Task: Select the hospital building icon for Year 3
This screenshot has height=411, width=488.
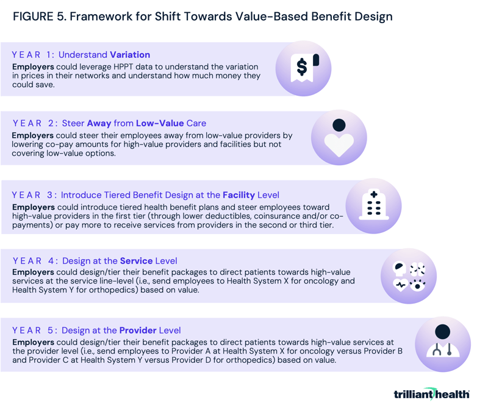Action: [x=373, y=205]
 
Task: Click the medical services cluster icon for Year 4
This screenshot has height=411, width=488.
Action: [x=408, y=275]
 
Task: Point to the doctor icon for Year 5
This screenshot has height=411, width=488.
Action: [x=442, y=344]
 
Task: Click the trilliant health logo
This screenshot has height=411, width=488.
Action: [x=432, y=394]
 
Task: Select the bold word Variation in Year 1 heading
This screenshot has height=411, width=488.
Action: [x=130, y=55]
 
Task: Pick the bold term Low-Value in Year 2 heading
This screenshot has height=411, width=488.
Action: [x=160, y=123]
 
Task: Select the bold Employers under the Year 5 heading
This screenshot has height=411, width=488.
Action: [x=34, y=341]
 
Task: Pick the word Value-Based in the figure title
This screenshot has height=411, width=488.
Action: [x=271, y=16]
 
